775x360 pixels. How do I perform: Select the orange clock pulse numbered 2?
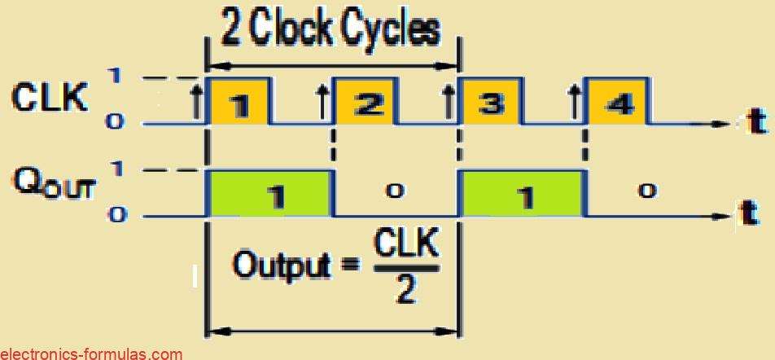pyautogui.click(x=366, y=101)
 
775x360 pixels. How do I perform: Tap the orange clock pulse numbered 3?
pyautogui.click(x=490, y=101)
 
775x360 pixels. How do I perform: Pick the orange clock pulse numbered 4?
pyautogui.click(x=616, y=101)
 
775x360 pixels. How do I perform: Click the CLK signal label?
pyautogui.click(x=49, y=99)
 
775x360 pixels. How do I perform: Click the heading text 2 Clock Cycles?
pyautogui.click(x=331, y=30)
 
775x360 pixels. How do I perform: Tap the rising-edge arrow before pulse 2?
pyautogui.click(x=322, y=103)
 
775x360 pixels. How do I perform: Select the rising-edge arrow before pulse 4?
pyautogui.click(x=575, y=103)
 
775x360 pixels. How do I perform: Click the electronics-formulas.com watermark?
pyautogui.click(x=91, y=353)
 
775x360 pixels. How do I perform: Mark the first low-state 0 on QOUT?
pyautogui.click(x=396, y=191)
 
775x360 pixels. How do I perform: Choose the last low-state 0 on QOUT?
pyautogui.click(x=647, y=191)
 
